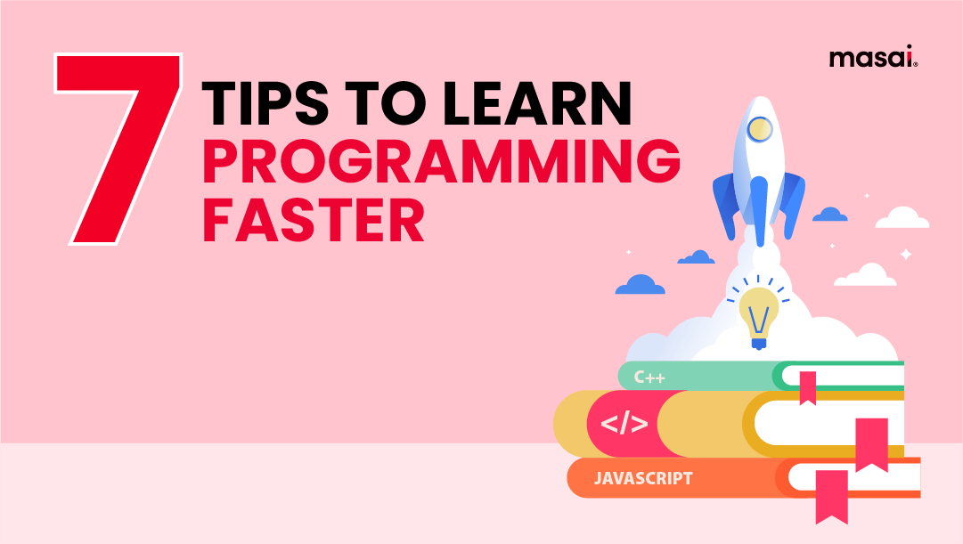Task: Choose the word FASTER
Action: pos(314,220)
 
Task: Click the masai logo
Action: pos(873,59)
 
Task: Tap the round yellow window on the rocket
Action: pos(759,130)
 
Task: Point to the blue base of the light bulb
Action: pos(758,342)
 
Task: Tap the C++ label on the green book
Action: pos(649,378)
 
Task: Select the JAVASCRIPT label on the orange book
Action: pos(643,478)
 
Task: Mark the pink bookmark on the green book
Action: pos(807,386)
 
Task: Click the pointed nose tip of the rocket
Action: pos(758,100)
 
